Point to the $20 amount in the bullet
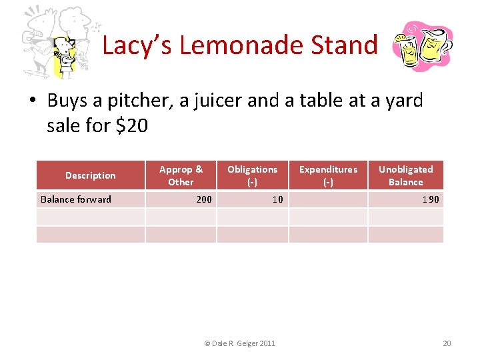click(131, 125)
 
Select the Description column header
click(90, 175)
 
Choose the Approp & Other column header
click(181, 175)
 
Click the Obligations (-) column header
click(252, 175)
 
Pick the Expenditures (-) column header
click(328, 175)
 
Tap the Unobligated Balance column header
click(405, 175)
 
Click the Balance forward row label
click(76, 199)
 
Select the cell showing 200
click(204, 199)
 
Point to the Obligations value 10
click(277, 199)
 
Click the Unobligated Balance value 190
click(431, 199)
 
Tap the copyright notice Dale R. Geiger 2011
click(239, 343)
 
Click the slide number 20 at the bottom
click(447, 343)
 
